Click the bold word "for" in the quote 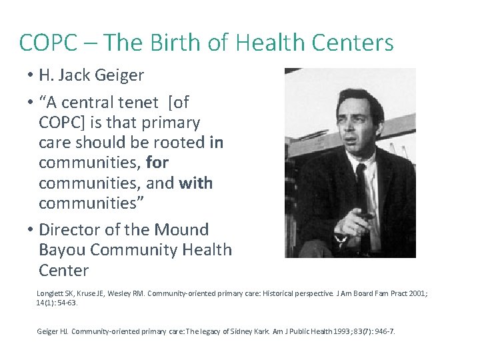(x=157, y=163)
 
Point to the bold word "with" (x=196, y=183)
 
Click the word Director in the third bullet (x=70, y=230)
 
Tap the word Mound (x=182, y=230)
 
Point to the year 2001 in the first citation (x=415, y=293)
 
